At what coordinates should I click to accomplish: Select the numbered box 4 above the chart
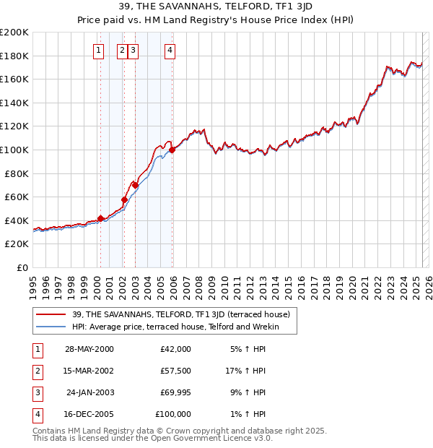[x=170, y=50]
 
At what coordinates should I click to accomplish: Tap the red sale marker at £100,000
[x=172, y=150]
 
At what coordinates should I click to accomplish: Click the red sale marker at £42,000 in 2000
[x=100, y=218]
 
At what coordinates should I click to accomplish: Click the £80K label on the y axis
[x=17, y=173]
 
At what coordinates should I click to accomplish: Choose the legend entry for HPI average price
[x=174, y=327]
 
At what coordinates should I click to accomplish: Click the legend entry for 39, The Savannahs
[x=180, y=314]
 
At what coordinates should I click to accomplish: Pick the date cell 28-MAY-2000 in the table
[x=89, y=349]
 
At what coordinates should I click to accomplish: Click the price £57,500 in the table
[x=176, y=371]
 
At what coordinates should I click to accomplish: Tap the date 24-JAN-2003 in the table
[x=89, y=393]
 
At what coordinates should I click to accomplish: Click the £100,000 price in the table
[x=173, y=415]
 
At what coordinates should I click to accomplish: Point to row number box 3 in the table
[x=35, y=393]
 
